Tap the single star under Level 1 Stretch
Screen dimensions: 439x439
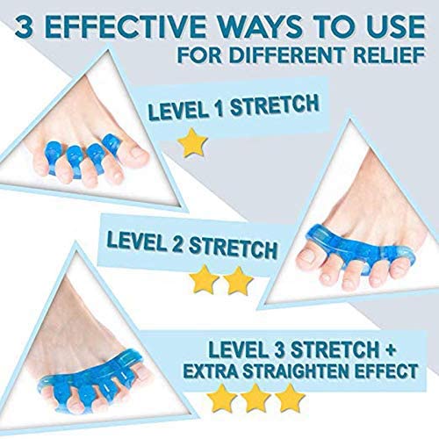[x=192, y=143]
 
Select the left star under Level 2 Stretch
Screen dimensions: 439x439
[x=204, y=280]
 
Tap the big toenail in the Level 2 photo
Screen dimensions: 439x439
[x=307, y=257]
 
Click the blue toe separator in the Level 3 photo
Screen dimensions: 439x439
[x=90, y=380]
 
